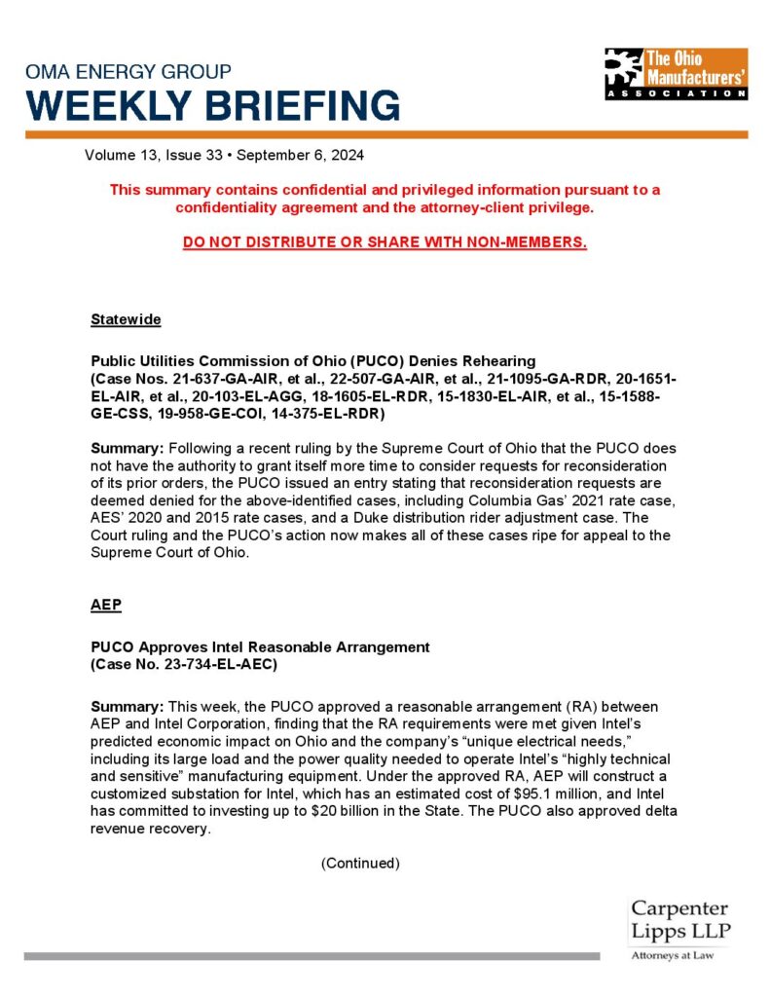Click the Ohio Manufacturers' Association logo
(676, 73)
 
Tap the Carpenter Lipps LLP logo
(679, 920)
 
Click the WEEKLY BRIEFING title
(212, 105)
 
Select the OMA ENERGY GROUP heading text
(128, 72)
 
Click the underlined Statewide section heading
(126, 319)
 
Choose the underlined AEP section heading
(106, 604)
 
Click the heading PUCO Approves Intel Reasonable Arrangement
(260, 646)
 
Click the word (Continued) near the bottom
(360, 863)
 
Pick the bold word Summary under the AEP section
(128, 704)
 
